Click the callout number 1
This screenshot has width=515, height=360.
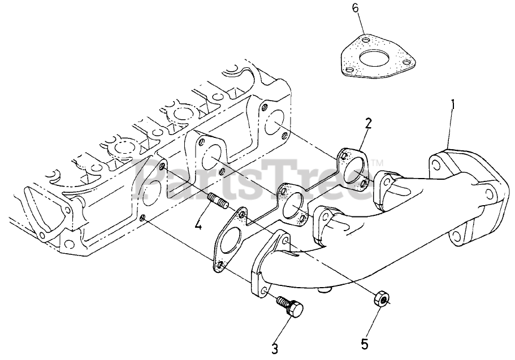tap(453, 106)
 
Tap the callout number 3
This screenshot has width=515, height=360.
tap(275, 349)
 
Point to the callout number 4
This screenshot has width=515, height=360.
tap(198, 225)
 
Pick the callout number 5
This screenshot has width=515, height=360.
tap(365, 344)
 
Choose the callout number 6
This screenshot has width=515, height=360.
tap(356, 8)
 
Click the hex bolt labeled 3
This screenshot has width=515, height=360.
tap(289, 306)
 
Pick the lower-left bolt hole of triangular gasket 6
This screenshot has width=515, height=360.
tap(349, 70)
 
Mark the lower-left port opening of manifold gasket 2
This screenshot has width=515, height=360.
tap(230, 242)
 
